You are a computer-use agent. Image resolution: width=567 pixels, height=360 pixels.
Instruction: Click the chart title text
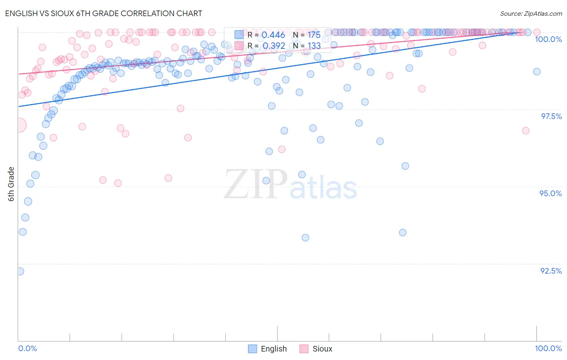point(104,13)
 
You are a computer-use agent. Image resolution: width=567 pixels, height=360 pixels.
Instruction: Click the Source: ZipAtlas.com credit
point(531,13)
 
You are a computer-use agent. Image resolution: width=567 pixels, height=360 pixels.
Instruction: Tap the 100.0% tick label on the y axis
point(548,39)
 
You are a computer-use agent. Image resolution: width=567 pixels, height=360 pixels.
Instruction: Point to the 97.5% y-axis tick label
point(551,116)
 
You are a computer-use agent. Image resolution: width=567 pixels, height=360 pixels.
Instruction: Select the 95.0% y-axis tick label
point(550,193)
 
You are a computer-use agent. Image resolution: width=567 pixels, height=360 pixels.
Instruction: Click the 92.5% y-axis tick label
point(551,271)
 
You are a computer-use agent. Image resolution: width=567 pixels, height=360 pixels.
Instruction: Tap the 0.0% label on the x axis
point(27,348)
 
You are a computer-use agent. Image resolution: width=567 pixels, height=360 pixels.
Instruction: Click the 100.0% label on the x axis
point(548,348)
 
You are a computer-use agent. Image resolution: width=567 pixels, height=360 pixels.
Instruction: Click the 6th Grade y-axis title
point(11,184)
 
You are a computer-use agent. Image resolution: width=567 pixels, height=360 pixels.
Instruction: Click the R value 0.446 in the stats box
point(273,35)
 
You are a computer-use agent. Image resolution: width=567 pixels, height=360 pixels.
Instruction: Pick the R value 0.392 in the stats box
point(273,46)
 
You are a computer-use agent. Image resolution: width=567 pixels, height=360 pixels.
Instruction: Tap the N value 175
point(314,35)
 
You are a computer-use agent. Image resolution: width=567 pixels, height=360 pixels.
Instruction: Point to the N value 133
point(314,46)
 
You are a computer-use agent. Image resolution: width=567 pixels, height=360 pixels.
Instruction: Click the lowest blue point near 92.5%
point(20,271)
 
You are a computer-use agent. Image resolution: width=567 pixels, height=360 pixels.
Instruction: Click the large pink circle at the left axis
point(19,125)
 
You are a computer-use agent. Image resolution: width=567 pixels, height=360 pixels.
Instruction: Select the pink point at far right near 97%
point(525,130)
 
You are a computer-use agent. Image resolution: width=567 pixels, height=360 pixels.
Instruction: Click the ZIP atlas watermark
point(290,185)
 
